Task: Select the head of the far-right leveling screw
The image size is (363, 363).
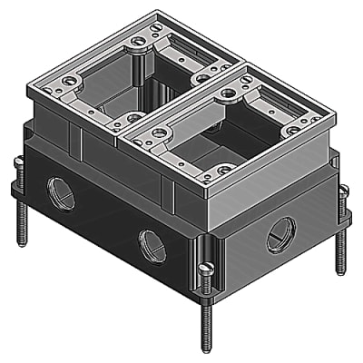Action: [x=342, y=191]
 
